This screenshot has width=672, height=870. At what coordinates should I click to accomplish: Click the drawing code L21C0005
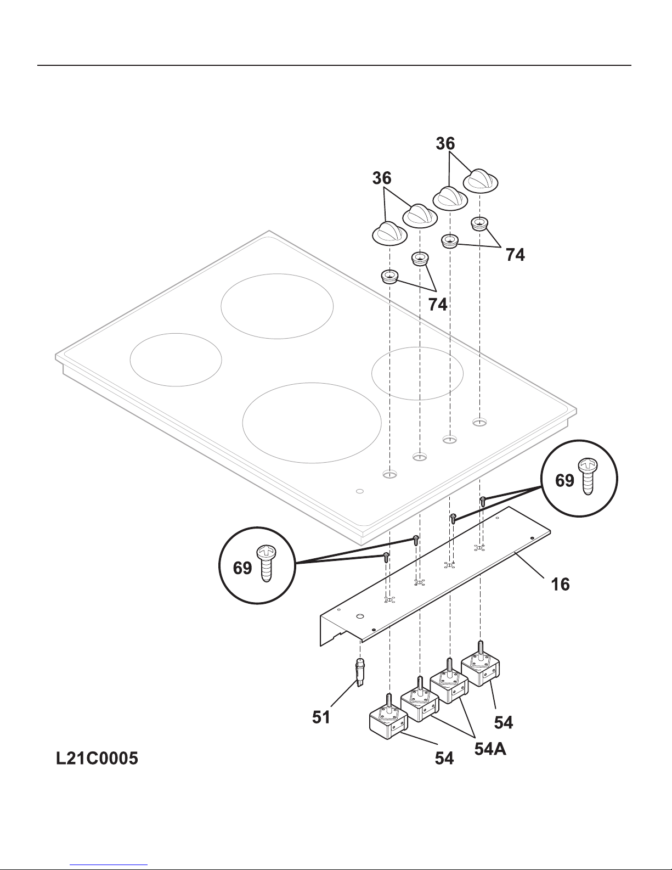coord(97,758)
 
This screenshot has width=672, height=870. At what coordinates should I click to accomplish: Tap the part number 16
coord(561,585)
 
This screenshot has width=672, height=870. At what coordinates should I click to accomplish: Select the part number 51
coord(321,717)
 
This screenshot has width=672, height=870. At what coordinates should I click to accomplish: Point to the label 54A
coord(490,749)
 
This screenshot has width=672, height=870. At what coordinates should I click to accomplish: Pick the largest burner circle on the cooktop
coord(312,423)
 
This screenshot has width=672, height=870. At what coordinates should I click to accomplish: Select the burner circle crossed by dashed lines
coord(417,373)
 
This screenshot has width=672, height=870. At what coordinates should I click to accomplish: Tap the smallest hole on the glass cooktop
coord(360,491)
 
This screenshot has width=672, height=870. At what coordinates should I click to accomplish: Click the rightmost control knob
coord(481,181)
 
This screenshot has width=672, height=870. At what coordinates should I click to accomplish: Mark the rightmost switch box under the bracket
coord(480,670)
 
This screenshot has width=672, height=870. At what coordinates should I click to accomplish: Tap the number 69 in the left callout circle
coord(242,568)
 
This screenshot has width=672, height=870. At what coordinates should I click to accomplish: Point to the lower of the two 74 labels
coord(438,305)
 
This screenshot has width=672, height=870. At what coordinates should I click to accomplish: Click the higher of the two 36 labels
coord(445,143)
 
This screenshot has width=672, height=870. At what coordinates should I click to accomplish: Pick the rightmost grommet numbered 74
coord(479,223)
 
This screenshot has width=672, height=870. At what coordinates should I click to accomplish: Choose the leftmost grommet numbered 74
coord(389,276)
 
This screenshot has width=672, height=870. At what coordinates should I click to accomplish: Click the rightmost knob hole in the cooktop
coord(479,422)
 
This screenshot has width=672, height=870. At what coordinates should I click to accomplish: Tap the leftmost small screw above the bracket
coord(386,557)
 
